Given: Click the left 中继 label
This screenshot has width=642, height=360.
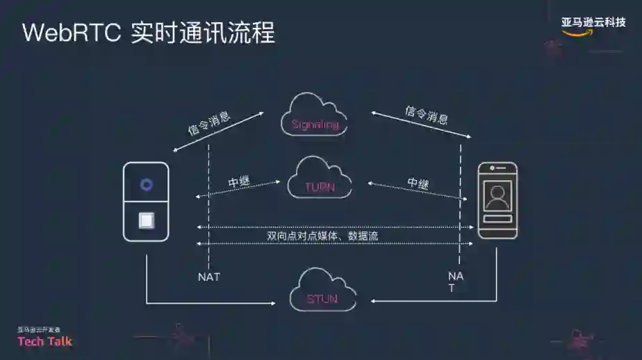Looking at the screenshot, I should point(239,183).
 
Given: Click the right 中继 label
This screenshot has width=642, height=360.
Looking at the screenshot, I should point(418,183).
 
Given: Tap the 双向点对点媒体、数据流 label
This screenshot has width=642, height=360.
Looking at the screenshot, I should point(322,236).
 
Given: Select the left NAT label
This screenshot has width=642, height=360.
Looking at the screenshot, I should point(209,277).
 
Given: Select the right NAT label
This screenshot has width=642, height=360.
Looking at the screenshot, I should point(456,281).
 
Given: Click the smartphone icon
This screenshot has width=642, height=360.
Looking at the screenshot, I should point(497,201).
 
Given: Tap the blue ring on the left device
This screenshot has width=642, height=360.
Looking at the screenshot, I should point(146,184).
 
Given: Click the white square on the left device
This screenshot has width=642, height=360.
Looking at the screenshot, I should point(146,220).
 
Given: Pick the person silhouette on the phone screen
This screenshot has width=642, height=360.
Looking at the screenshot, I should point(497,197).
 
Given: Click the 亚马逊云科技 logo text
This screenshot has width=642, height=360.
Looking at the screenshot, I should point(593,22).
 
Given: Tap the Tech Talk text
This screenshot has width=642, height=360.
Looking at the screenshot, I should point(44,341).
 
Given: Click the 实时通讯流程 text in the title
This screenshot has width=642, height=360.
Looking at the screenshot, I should point(203,33).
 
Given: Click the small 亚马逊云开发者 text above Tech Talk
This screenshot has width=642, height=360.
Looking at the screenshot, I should point(39,329).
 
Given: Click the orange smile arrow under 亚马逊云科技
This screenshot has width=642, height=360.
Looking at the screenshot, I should point(578,33).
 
